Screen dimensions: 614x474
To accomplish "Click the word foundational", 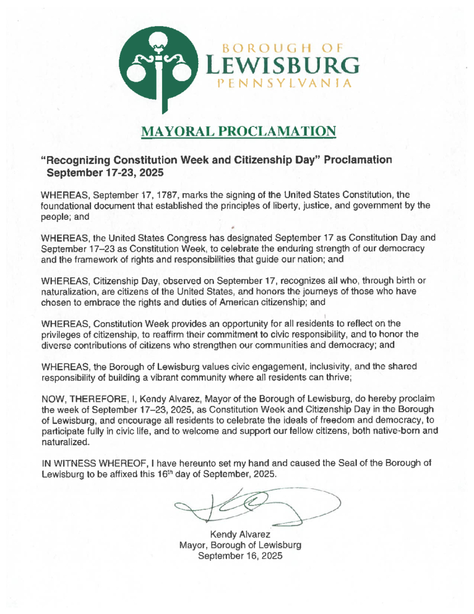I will [65, 205].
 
